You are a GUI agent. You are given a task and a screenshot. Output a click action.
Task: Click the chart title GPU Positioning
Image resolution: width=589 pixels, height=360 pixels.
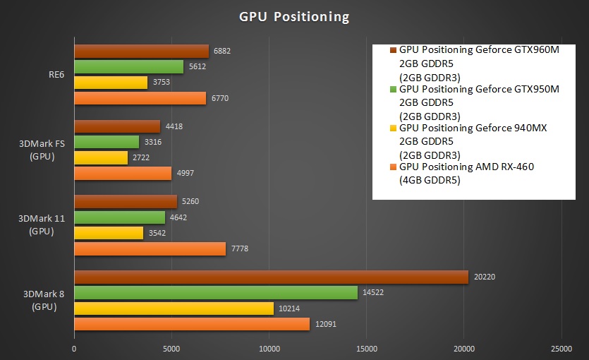pos(293,16)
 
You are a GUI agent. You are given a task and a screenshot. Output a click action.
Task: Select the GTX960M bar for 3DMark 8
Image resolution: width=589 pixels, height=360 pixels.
pos(271,277)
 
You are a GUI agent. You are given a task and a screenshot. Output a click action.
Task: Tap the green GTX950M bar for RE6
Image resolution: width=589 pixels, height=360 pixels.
pos(128,67)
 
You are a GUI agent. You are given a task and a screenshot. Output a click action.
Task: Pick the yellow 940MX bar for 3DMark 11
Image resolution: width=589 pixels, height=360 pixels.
pos(109,233)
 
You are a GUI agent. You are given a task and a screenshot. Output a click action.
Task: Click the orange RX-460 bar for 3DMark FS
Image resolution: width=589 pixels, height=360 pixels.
pos(123,174)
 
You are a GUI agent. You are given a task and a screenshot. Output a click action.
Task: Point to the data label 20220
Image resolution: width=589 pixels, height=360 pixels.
pos(485,276)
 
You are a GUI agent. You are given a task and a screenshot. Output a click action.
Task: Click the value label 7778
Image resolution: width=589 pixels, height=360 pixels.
pos(240,248)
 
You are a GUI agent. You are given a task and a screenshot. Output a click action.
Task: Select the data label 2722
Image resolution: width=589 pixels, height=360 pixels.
pos(142,158)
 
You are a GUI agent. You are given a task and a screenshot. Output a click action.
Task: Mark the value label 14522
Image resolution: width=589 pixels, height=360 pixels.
pos(375,292)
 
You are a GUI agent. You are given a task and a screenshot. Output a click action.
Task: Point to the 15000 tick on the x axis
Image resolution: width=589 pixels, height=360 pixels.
pos(366,348)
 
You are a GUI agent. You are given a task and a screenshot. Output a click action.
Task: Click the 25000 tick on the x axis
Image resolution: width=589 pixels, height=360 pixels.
pos(561,348)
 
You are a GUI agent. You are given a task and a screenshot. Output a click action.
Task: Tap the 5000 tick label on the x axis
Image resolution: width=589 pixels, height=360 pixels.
pos(171,348)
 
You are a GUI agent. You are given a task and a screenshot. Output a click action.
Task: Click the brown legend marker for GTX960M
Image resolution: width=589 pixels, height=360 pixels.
pos(393,50)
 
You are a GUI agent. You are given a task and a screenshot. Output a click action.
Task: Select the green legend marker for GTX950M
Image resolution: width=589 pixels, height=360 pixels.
pos(393,90)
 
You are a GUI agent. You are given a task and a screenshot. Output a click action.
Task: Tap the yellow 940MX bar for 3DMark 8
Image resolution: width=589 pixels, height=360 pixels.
pos(174,308)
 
